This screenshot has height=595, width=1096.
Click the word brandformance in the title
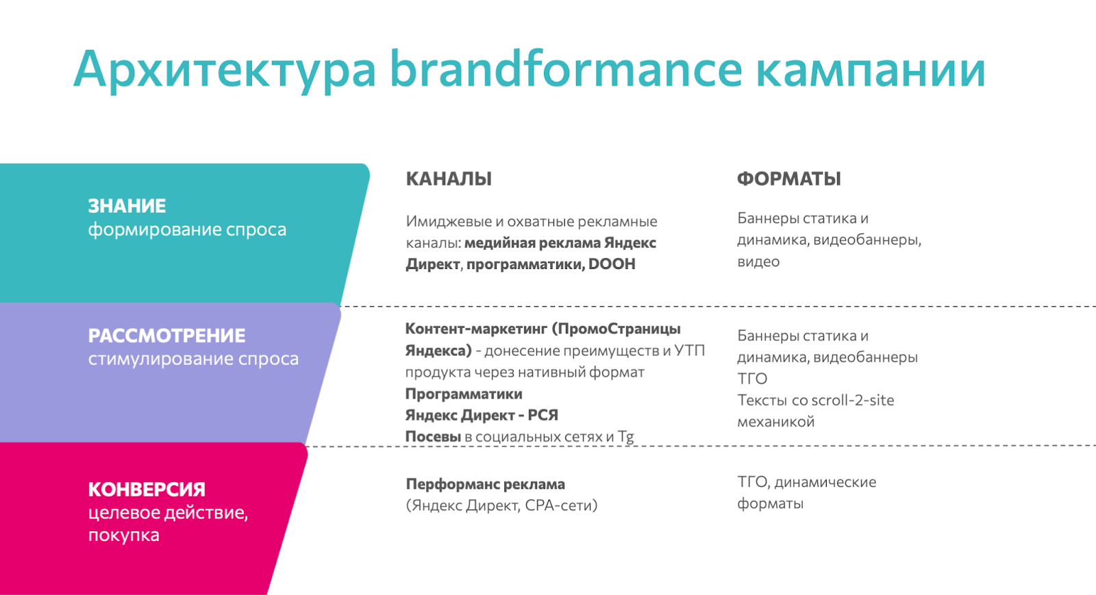[566, 68]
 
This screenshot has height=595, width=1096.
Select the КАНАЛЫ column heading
[449, 179]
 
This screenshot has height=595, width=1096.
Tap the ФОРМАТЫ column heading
[788, 179]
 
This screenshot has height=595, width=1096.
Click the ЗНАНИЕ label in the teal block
[127, 206]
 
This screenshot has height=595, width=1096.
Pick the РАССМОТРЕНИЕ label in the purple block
[167, 336]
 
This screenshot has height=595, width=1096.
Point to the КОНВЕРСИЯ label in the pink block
[147, 490]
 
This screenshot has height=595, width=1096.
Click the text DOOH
[612, 264]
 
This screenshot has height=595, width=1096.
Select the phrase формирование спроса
[187, 230]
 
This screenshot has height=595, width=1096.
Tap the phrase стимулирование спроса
[193, 359]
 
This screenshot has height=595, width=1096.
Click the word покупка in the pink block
[124, 535]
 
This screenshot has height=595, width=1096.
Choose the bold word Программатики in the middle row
[464, 394]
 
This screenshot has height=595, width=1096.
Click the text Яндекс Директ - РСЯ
[482, 416]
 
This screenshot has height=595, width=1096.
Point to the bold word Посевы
[433, 437]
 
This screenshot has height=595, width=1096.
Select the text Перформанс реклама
[486, 484]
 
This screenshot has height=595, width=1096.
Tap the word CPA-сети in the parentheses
[561, 505]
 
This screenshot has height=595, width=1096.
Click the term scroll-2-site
[853, 401]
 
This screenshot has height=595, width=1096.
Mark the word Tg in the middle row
[626, 437]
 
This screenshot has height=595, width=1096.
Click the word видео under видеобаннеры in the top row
[758, 262]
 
